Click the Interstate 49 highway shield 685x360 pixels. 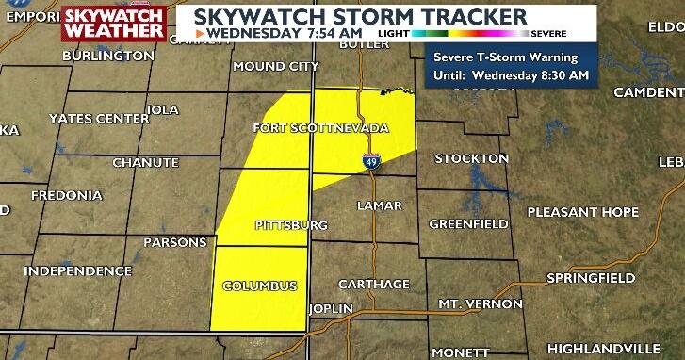[374, 161]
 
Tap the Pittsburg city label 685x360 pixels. [291, 225]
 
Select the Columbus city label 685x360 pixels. [260, 286]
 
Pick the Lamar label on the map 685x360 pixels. [380, 205]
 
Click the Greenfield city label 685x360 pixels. [463, 223]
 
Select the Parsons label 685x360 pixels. [174, 242]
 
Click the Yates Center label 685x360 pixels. [98, 119]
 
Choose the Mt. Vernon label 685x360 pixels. [480, 303]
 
